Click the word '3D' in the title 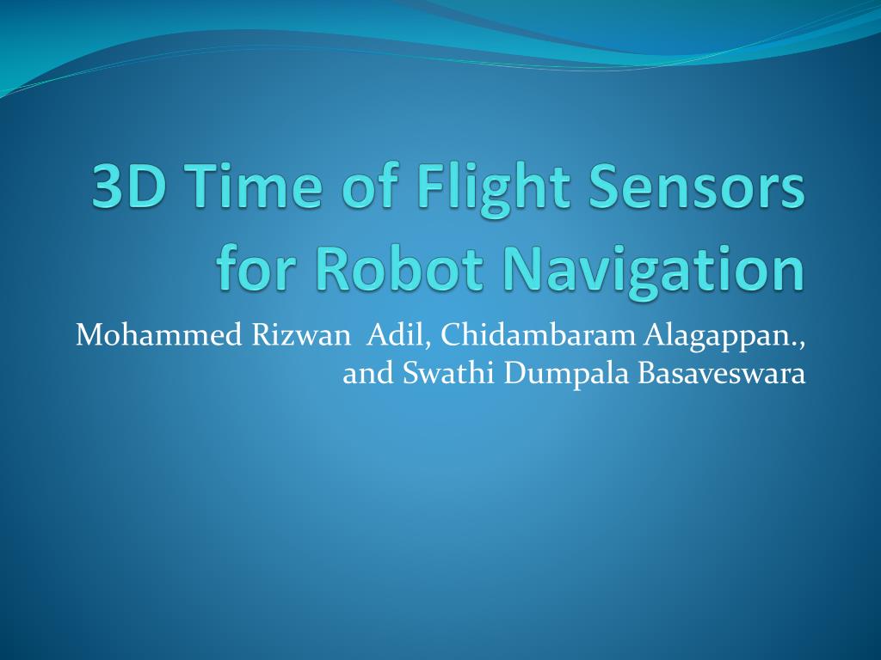pyautogui.click(x=129, y=186)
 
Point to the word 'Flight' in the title pyautogui.click(x=493, y=189)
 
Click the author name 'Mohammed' pyautogui.click(x=159, y=335)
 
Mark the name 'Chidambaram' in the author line pyautogui.click(x=538, y=335)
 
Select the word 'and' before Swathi pyautogui.click(x=368, y=374)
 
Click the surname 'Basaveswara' pyautogui.click(x=722, y=374)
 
